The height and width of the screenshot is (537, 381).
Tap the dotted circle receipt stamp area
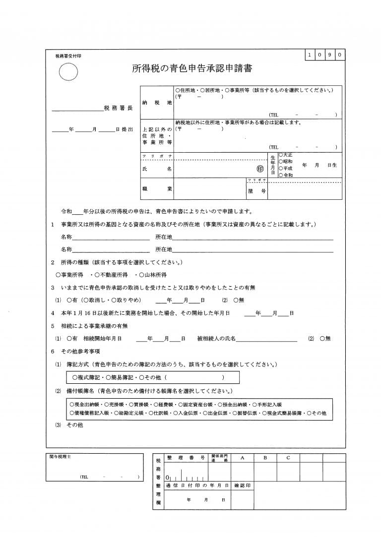[x=68, y=73]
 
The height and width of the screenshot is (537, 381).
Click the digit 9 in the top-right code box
[x=329, y=55]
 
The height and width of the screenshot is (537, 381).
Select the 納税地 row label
[x=157, y=102]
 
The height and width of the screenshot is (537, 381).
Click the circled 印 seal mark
[x=260, y=169]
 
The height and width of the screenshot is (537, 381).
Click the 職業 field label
[x=157, y=189]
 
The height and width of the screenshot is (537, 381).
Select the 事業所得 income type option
[x=69, y=274]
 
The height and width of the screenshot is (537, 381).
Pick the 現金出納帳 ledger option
[x=85, y=405]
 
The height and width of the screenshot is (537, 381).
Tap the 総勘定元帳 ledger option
[x=127, y=413]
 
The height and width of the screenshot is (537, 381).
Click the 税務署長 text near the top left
[x=119, y=108]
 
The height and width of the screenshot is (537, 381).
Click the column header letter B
[x=265, y=458]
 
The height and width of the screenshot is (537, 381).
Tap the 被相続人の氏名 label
[x=216, y=339]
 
